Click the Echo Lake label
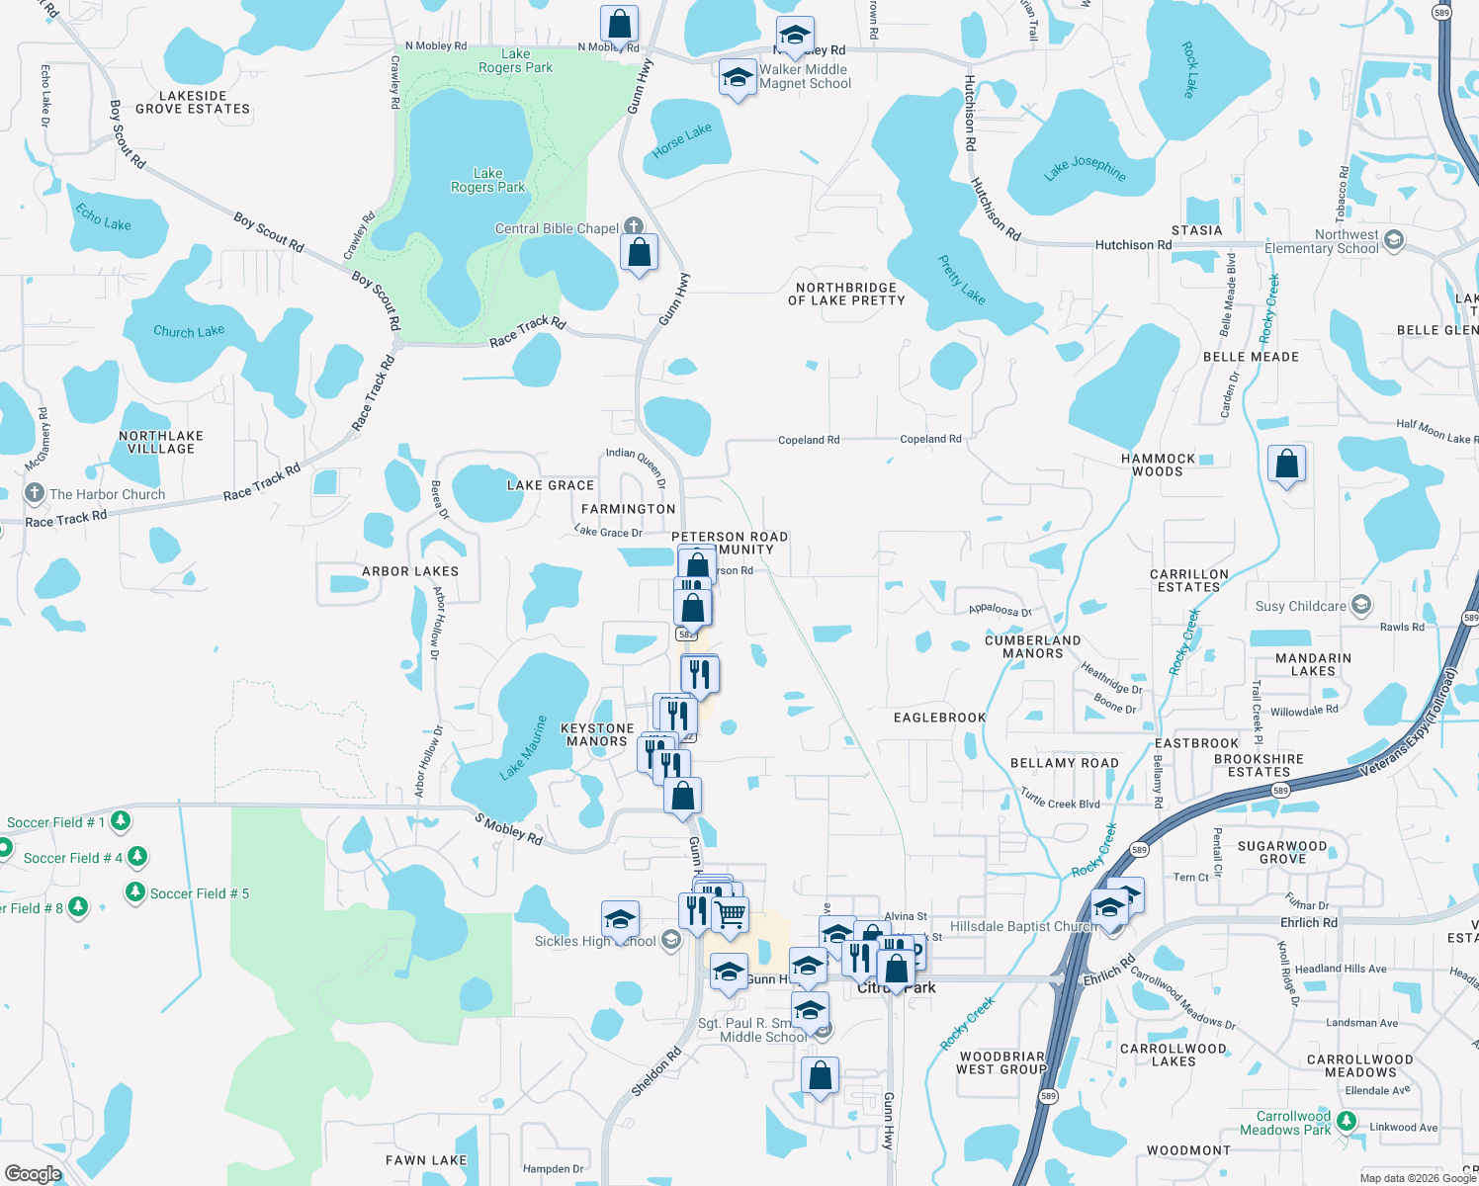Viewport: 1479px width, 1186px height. (x=103, y=217)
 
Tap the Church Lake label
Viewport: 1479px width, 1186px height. (x=189, y=331)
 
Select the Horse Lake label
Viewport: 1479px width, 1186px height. (x=682, y=140)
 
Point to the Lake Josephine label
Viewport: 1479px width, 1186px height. (x=1085, y=168)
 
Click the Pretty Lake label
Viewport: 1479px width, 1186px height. (x=962, y=280)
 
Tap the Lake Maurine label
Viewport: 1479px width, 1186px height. (x=524, y=748)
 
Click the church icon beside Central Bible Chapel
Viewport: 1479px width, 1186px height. (x=634, y=227)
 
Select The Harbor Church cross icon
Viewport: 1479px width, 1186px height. (x=35, y=493)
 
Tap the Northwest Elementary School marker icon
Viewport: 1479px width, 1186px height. (x=1394, y=240)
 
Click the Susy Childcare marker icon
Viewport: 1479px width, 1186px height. (x=1361, y=605)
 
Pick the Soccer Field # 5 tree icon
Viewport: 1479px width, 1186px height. (x=135, y=892)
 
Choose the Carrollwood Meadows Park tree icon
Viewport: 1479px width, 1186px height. (x=1346, y=1122)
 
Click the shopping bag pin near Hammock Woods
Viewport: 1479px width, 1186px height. (x=1287, y=463)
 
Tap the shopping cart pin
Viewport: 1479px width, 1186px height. (x=731, y=915)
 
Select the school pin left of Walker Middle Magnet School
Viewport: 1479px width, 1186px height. (x=738, y=78)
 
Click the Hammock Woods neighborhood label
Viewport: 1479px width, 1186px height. (x=1158, y=465)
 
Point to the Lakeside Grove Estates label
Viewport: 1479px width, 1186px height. (x=193, y=103)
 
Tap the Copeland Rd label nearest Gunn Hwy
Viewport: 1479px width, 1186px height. (x=809, y=440)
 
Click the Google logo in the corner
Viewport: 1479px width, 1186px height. (x=34, y=1174)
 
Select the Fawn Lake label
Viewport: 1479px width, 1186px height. (x=426, y=1160)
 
